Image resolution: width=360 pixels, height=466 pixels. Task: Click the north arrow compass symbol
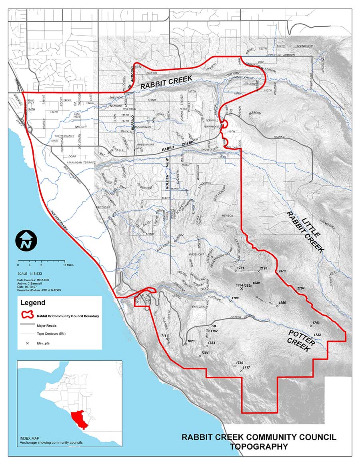(26, 241)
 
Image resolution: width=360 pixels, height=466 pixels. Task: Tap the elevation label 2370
(282, 271)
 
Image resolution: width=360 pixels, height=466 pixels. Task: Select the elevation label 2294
(301, 288)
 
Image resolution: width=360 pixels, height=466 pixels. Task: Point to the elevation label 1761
(240, 268)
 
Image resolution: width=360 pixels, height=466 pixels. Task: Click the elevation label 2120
(264, 268)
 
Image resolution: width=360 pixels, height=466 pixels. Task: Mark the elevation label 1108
(235, 298)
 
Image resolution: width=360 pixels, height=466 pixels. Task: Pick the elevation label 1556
(282, 303)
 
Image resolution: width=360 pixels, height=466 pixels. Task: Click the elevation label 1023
(191, 341)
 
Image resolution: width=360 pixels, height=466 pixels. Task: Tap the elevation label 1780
(239, 362)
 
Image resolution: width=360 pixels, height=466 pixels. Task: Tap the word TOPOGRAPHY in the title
(259, 446)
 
